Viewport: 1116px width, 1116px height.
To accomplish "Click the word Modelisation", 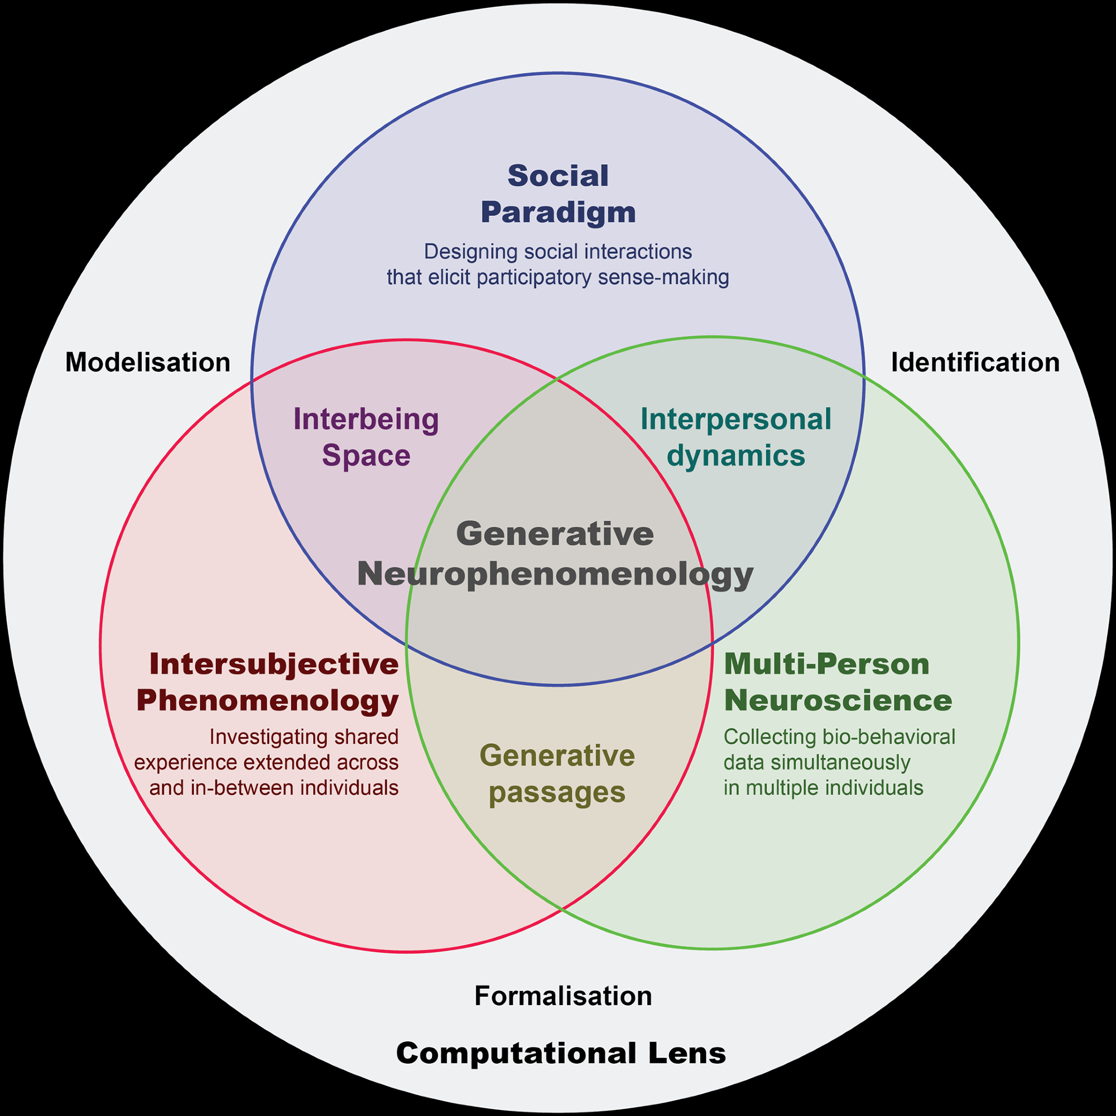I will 148,363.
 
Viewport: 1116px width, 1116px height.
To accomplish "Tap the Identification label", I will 975,363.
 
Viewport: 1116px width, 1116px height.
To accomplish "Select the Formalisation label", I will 563,996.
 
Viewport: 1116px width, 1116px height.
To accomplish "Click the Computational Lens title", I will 560,1053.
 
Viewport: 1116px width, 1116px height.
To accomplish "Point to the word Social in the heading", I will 558,176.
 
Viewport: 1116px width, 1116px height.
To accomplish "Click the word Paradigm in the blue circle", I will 558,212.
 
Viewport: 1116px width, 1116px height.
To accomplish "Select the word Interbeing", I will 366,420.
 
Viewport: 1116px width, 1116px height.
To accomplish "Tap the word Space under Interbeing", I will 366,455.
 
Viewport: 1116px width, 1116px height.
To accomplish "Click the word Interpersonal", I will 736,420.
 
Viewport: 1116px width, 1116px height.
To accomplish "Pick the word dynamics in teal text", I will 736,455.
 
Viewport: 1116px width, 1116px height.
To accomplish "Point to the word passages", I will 557,792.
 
